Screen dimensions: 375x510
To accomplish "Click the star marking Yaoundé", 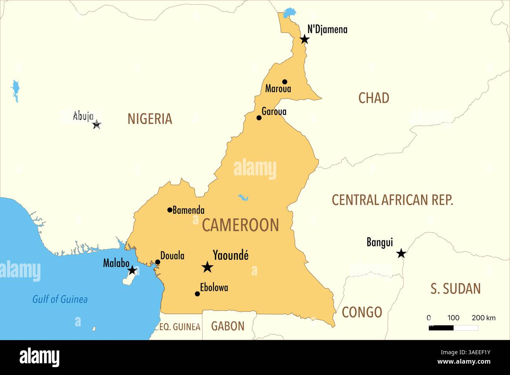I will [207, 267].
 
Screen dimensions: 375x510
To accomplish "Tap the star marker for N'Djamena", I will [304, 39].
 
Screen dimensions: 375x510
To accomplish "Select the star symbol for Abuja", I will [97, 125].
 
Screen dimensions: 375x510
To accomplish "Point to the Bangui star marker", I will [401, 253].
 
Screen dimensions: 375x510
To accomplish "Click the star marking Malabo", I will [132, 270].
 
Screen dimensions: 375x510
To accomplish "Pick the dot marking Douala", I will [157, 262].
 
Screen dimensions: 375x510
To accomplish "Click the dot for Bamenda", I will [169, 210].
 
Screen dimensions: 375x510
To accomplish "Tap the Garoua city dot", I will [259, 118].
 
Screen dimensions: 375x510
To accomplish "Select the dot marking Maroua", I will [285, 82].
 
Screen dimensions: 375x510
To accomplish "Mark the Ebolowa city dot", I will [197, 293].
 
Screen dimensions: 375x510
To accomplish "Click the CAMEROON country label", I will [240, 225].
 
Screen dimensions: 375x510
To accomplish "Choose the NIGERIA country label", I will [150, 119].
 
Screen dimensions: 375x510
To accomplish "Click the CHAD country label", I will [373, 98].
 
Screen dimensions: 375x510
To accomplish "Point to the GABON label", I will [228, 326].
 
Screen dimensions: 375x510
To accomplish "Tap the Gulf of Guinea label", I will [60, 299].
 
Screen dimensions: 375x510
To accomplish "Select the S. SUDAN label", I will [455, 289].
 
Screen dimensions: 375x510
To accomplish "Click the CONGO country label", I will [362, 312].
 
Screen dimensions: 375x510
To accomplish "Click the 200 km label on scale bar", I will [483, 318].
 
